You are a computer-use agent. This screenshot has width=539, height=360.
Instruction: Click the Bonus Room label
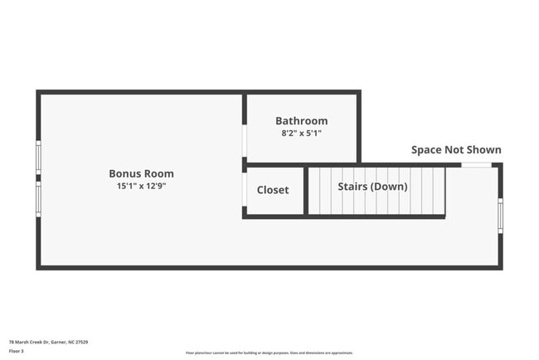[141, 173]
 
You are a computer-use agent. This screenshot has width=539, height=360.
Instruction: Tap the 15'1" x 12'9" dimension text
[141, 186]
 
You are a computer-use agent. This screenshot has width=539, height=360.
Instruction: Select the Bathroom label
[301, 120]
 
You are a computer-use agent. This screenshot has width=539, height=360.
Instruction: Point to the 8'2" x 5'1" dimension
[301, 133]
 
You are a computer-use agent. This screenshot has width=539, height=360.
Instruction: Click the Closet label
[273, 190]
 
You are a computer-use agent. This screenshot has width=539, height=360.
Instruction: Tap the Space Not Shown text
[456, 150]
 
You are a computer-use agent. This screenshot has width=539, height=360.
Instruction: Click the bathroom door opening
[245, 141]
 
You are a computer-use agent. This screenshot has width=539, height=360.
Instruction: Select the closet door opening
[245, 190]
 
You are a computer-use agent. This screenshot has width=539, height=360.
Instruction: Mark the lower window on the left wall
[38, 199]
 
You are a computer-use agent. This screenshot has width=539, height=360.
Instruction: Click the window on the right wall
[500, 216]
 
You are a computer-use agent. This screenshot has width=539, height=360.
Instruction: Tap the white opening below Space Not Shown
[476, 165]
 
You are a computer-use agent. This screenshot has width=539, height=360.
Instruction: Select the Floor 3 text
[16, 351]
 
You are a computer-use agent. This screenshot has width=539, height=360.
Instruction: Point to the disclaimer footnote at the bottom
[269, 353]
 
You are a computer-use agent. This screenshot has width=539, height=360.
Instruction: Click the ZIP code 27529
[81, 342]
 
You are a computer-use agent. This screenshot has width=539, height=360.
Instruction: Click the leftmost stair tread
[313, 191]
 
